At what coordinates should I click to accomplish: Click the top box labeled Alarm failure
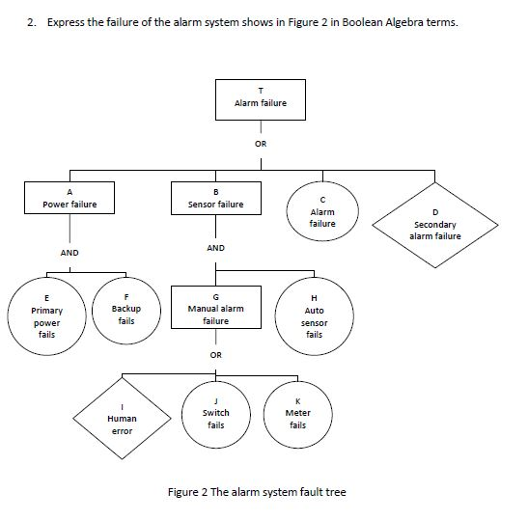coord(260,97)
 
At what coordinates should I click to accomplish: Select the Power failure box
coord(69,199)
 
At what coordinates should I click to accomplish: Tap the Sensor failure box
coord(215,199)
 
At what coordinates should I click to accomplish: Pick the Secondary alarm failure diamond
coord(435,225)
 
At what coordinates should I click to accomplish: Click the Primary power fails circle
coord(46,315)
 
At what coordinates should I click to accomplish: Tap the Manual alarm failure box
coord(215,309)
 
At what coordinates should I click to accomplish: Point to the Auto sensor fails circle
coord(315,315)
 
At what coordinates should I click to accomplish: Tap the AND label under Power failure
coord(69,252)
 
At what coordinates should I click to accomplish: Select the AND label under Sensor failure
coord(215,248)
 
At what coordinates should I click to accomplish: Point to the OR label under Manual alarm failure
coord(216,354)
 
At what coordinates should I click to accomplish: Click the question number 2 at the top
coord(32,22)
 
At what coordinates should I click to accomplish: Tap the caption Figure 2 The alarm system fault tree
coord(256,492)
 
